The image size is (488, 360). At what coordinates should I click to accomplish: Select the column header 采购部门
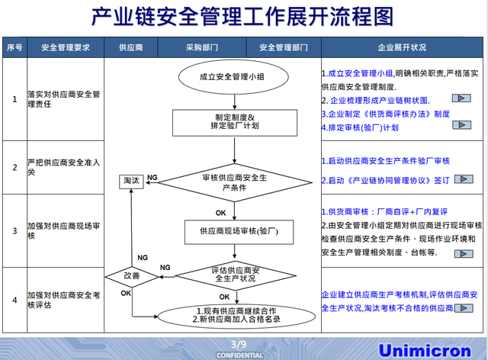coord(202,47)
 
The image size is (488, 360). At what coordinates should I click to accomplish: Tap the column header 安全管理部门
coord(284,47)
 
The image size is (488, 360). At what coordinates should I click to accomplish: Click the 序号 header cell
coord(14,47)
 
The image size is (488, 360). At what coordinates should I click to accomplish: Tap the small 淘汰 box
coord(130,181)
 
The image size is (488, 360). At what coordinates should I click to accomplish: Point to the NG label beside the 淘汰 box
coord(152,177)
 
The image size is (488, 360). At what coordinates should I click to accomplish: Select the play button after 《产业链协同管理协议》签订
coord(462,179)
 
